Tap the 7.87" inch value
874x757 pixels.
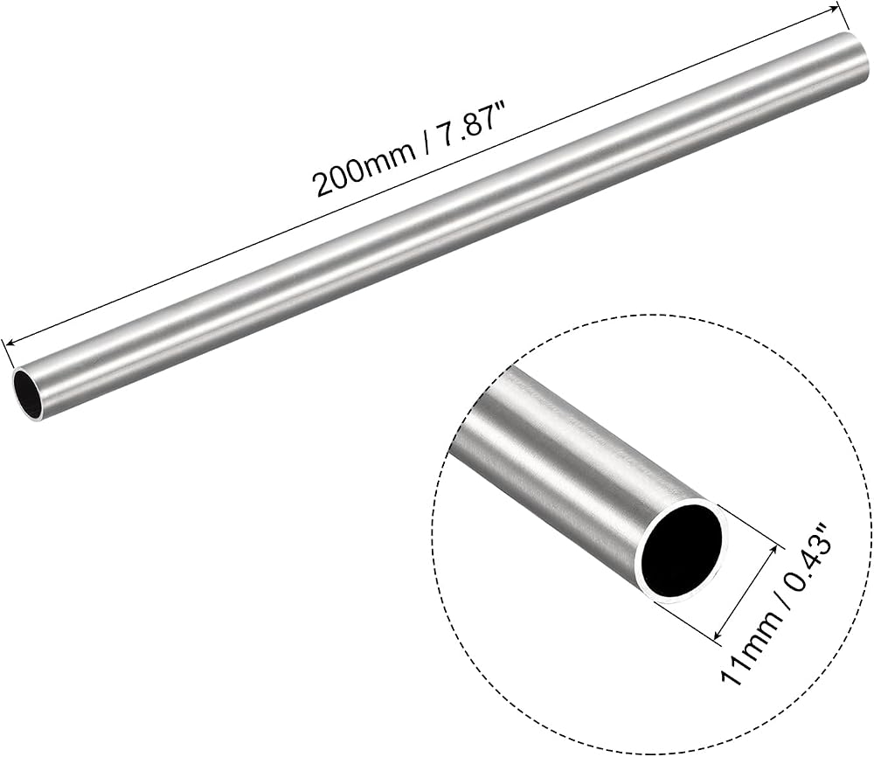click(468, 128)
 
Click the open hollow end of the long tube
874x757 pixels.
click(26, 393)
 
